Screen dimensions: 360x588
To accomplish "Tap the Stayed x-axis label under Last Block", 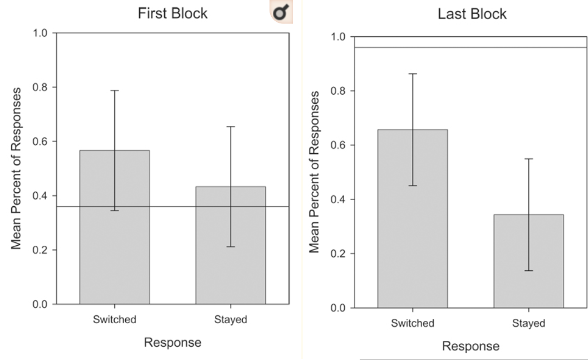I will point(528,324).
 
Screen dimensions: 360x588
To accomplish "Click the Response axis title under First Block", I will point(173,343).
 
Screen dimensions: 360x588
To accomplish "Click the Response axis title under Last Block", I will point(471,347).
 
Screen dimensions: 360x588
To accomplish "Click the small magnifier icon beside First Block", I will point(281,11).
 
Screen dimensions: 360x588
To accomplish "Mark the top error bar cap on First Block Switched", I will point(115,90).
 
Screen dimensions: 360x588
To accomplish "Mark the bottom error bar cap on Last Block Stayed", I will point(528,270).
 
